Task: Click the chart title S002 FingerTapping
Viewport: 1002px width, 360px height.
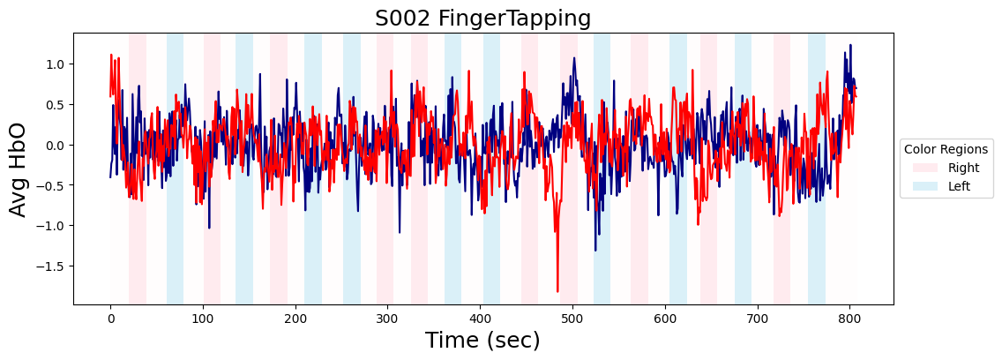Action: tap(482, 18)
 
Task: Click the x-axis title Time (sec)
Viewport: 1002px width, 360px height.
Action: tap(482, 341)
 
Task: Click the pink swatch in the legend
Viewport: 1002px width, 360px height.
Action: tap(925, 168)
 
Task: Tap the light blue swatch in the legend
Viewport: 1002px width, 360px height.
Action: tap(925, 186)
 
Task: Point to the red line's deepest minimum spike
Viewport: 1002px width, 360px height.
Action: tap(557, 291)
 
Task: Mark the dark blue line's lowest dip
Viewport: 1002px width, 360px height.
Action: tap(595, 250)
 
